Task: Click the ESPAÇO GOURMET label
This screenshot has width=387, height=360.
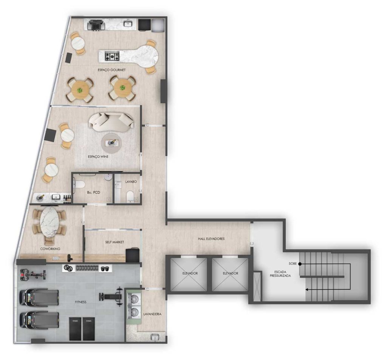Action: [111, 70]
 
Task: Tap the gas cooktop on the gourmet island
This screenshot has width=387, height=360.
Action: [112, 56]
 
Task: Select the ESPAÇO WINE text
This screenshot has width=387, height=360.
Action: [98, 157]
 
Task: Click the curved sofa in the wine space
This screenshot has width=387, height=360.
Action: [111, 122]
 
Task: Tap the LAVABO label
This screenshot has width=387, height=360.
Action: [131, 182]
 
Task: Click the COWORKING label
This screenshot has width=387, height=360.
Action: [50, 249]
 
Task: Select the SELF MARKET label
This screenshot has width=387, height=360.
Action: [115, 242]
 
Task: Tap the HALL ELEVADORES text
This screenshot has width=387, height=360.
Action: [211, 239]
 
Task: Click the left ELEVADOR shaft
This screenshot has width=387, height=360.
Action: [190, 273]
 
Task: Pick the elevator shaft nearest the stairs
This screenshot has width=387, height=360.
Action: [230, 273]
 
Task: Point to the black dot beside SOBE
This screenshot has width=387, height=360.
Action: [300, 264]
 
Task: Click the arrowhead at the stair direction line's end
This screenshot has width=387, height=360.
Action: [307, 289]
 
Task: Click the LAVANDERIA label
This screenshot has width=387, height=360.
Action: [153, 314]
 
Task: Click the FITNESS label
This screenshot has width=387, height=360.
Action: [81, 302]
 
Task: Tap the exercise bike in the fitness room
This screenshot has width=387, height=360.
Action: [33, 273]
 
